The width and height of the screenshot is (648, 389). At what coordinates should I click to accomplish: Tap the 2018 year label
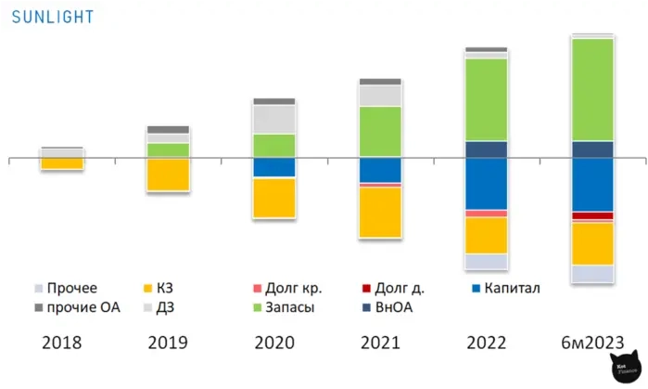pos(62,342)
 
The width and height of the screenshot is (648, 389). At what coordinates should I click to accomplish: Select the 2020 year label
pos(274,342)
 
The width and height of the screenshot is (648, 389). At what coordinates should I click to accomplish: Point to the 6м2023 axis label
pos(591,342)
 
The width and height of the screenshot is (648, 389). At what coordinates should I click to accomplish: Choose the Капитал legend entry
pos(505,288)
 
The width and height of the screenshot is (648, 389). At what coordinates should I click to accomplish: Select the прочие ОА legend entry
pos(73,306)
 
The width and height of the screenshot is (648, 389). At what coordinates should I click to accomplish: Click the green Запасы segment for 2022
pos(486,99)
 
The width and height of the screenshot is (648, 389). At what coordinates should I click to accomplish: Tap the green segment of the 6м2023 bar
pos(592,89)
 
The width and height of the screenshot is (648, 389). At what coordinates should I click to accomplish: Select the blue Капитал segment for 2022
pos(486,184)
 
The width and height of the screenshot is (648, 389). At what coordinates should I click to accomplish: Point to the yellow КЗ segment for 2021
pos(380,212)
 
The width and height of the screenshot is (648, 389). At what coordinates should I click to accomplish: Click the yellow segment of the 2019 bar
pos(168,175)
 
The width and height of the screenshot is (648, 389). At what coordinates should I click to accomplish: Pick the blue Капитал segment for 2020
pos(274,167)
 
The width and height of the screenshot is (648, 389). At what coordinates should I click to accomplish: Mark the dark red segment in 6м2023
pos(592,216)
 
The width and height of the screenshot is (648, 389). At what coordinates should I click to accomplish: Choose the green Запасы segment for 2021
pos(380,131)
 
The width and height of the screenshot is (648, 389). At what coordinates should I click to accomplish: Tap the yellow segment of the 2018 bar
pos(62,163)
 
